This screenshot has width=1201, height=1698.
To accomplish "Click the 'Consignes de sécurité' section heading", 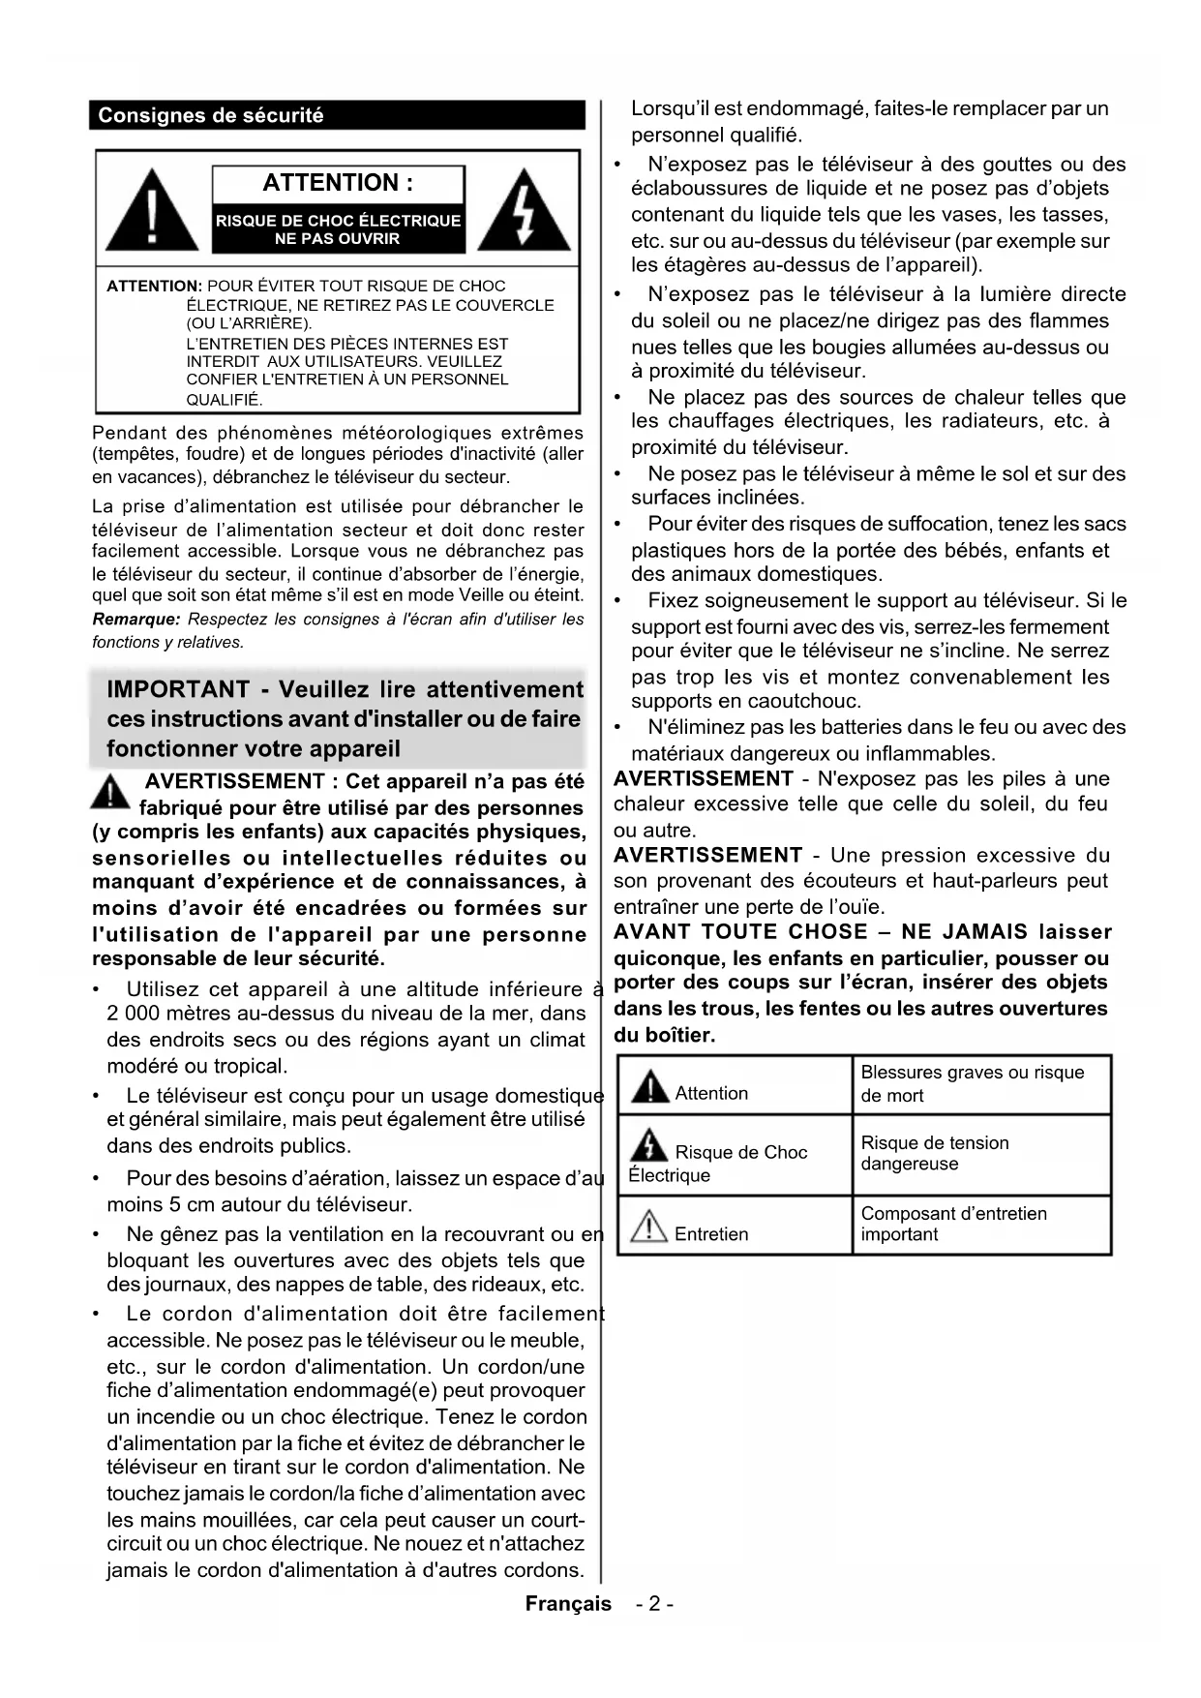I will (x=211, y=116).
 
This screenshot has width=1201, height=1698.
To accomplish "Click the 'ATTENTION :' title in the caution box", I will (x=338, y=183).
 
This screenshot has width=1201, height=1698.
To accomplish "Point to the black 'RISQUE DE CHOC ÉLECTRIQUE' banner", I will (x=338, y=229).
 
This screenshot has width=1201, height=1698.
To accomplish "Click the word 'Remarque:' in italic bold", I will (x=136, y=620).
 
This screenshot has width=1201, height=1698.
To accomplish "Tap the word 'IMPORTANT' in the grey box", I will (x=178, y=690).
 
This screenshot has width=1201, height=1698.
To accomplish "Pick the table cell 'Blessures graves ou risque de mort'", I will (x=973, y=1084).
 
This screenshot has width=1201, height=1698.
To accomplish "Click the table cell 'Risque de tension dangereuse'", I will (x=935, y=1153).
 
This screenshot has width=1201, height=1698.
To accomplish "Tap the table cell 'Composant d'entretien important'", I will (x=953, y=1224).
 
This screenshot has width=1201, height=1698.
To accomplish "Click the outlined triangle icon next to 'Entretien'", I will (x=648, y=1228).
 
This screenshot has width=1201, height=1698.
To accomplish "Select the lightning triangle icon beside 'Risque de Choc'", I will (x=648, y=1146).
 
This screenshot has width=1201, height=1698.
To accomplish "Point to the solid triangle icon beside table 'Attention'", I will (x=649, y=1087).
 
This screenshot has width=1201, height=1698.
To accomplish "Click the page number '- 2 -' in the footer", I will (x=655, y=1604).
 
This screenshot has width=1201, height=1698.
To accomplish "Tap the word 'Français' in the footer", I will (x=568, y=1604).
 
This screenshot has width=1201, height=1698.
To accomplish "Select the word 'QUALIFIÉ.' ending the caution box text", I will (x=225, y=400).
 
